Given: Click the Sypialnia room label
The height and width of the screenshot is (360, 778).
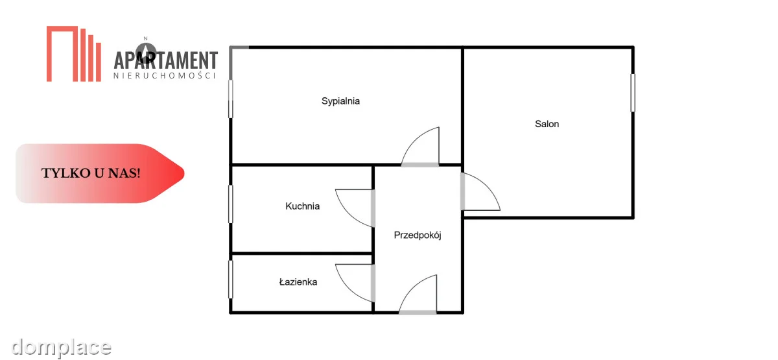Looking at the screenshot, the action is [x=340, y=101].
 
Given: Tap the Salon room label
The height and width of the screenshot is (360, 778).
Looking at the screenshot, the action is [x=547, y=124].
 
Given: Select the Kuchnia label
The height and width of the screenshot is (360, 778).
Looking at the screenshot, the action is [x=303, y=206].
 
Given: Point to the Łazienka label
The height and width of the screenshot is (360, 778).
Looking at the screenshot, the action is [x=298, y=282].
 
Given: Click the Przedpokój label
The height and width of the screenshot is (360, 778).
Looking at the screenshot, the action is [x=418, y=235].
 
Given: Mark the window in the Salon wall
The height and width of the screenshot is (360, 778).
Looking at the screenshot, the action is [x=633, y=93].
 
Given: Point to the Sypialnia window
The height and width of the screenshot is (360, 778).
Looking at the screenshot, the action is [x=231, y=99].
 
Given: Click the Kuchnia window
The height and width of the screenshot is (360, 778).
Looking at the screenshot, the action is [x=231, y=204].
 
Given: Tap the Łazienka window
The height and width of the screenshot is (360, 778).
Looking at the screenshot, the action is [x=231, y=280].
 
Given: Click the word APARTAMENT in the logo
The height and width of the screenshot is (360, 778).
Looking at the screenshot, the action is [x=166, y=60].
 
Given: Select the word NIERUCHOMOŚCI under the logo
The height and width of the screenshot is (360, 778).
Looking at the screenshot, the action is [x=165, y=76].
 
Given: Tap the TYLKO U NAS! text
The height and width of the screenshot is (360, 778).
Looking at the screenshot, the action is [x=91, y=173].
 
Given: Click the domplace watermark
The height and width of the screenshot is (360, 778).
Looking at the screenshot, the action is [x=61, y=347].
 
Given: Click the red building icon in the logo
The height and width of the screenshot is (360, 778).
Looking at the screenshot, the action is [x=74, y=54].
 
